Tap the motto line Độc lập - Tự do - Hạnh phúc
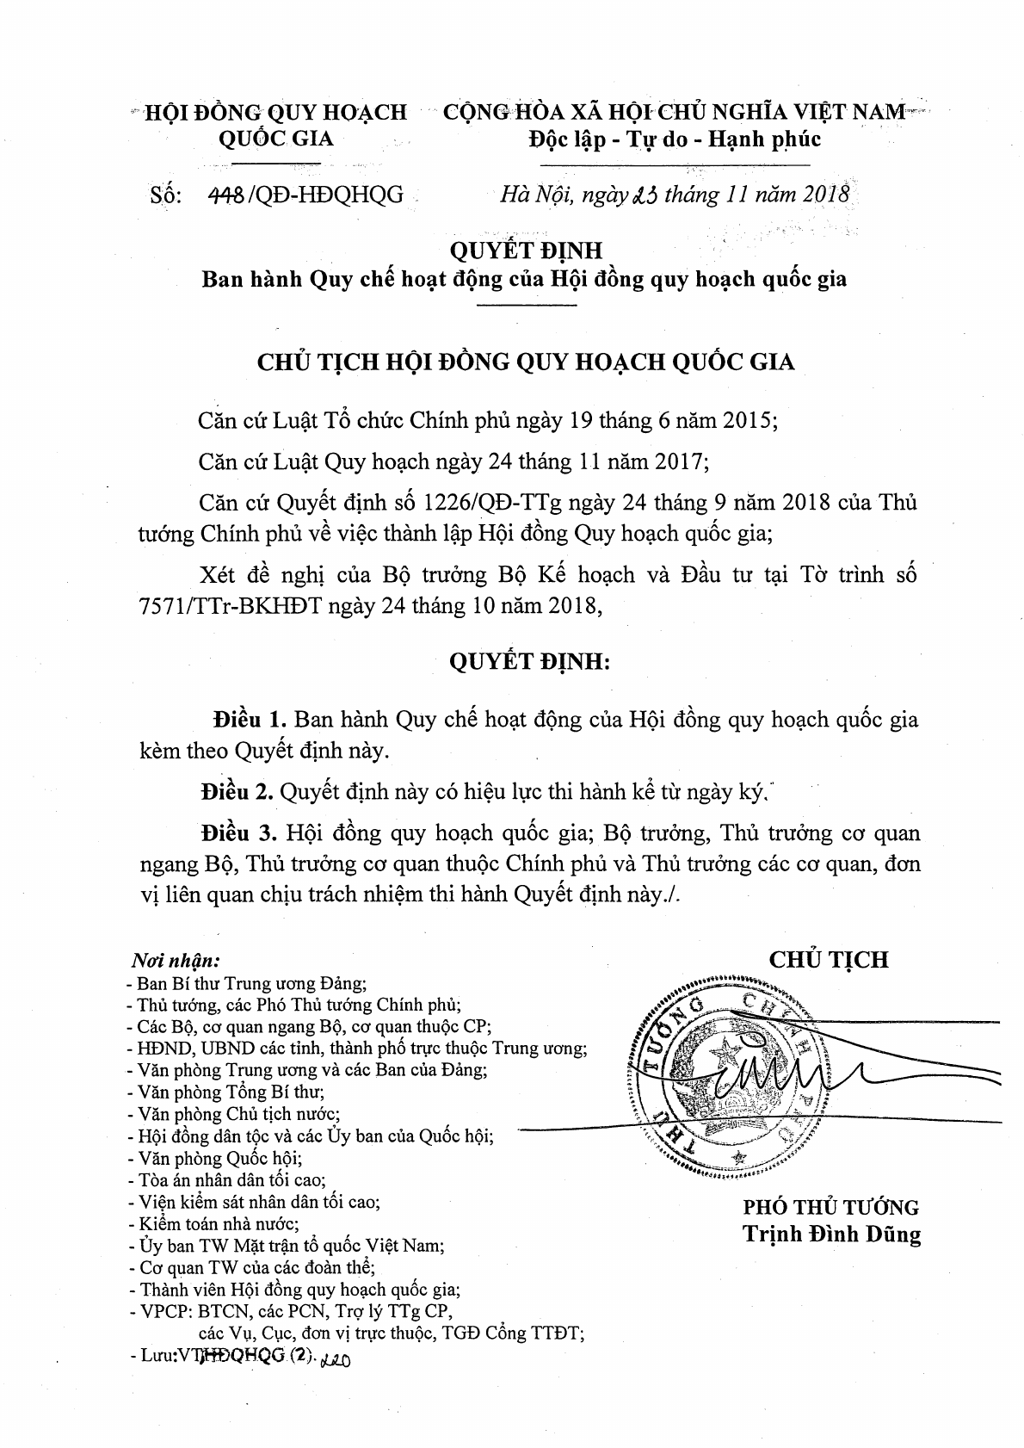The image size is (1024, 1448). (x=674, y=139)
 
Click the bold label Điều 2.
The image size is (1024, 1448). (x=237, y=790)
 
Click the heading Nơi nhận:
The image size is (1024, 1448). (x=176, y=959)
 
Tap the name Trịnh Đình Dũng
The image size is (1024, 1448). (x=831, y=1235)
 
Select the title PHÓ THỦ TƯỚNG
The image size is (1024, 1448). (x=831, y=1207)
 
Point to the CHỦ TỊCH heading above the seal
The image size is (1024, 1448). (x=829, y=959)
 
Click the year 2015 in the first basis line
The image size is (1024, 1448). (x=747, y=422)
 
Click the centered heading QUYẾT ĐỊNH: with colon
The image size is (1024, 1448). (x=529, y=662)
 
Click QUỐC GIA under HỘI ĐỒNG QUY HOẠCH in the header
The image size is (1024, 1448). (x=276, y=139)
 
